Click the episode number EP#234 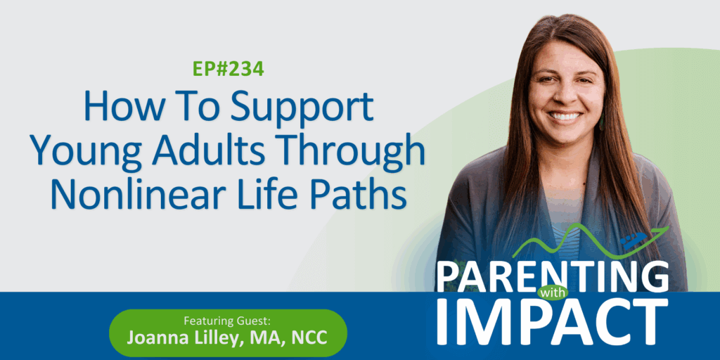pos(229,69)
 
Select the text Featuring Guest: pos(227,320)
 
